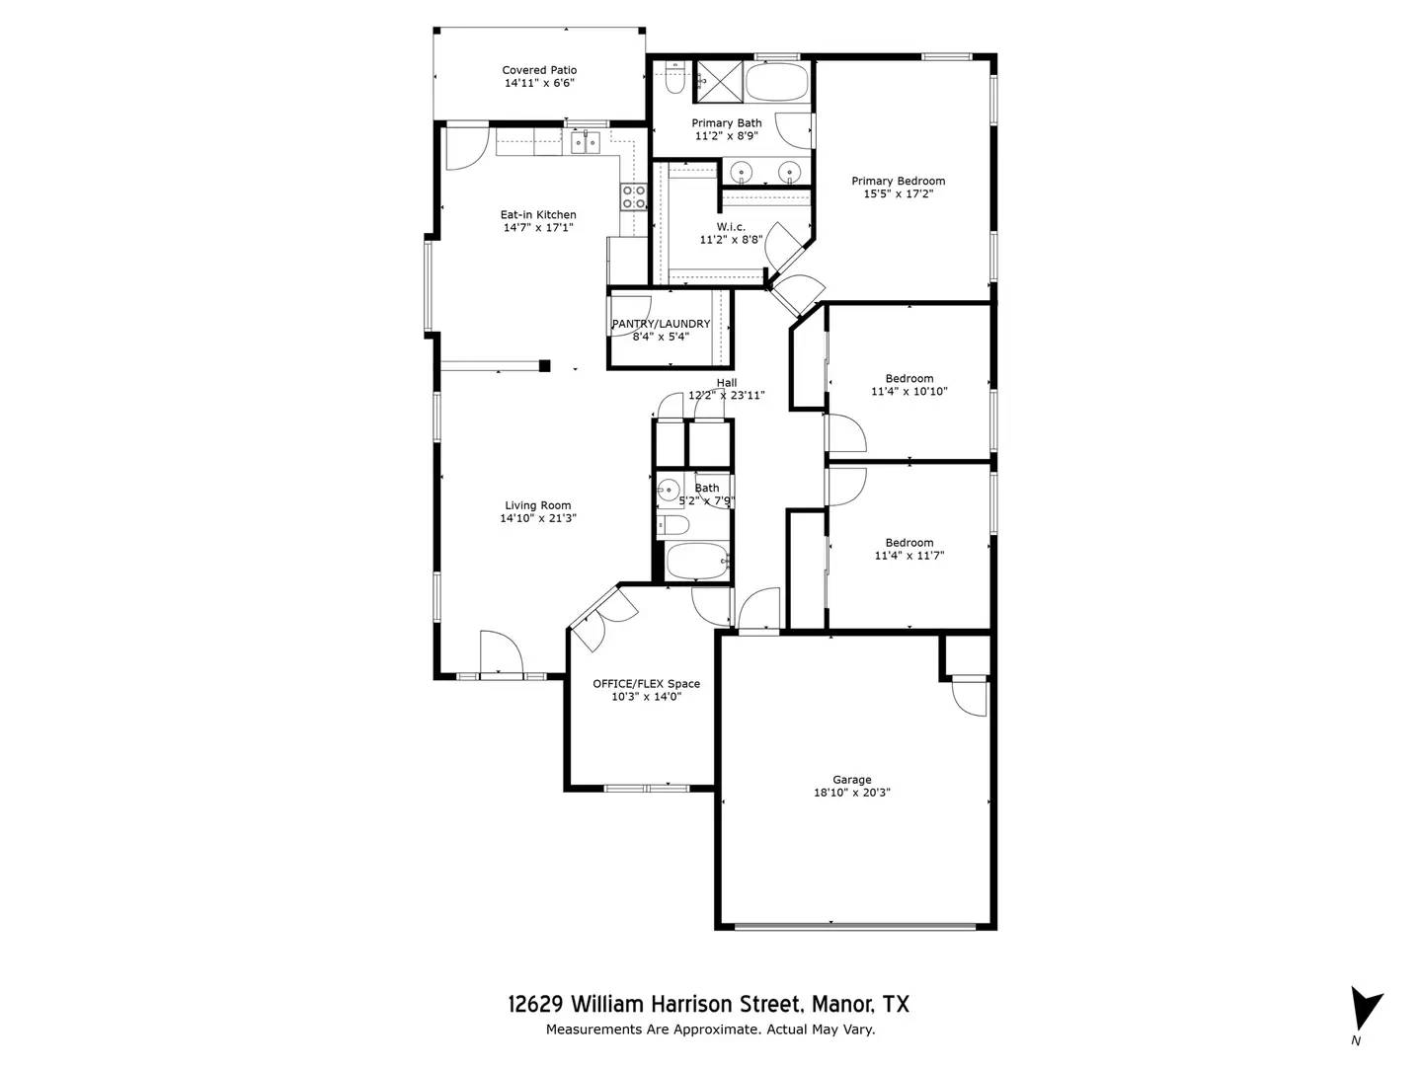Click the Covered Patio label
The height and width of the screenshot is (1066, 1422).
(x=539, y=70)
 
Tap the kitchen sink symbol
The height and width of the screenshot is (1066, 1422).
(x=585, y=144)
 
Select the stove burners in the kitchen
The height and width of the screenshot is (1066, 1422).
(x=633, y=197)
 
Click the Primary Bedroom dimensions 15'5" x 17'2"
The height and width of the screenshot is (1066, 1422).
(x=898, y=194)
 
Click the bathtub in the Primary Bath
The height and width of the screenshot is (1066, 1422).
(x=777, y=82)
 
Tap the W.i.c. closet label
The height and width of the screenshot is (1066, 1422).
(x=731, y=227)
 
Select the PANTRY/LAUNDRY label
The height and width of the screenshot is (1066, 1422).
(x=661, y=324)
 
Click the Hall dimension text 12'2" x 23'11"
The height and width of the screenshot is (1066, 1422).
(x=727, y=396)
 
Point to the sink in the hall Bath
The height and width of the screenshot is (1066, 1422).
(x=669, y=489)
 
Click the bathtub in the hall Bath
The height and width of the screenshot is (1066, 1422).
(x=697, y=563)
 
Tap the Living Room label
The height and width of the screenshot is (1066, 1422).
(x=537, y=505)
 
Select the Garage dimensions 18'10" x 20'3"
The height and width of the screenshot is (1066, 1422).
(x=851, y=792)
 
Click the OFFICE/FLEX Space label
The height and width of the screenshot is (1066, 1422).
(x=646, y=683)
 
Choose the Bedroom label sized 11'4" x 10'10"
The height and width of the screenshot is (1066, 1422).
(x=908, y=378)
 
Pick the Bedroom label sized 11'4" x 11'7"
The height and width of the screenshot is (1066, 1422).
(x=908, y=542)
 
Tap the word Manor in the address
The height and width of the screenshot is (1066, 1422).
(x=840, y=1005)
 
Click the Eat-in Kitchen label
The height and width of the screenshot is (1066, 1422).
(x=538, y=214)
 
